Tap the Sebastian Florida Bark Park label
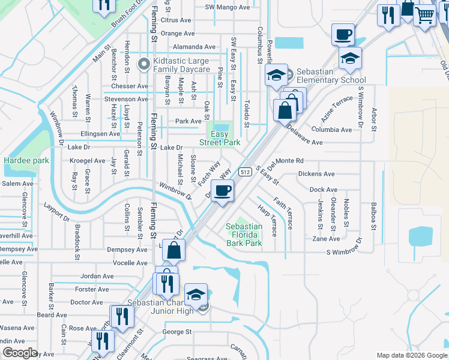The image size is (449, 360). tap(244, 235)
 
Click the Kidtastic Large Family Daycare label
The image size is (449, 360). tap(181, 65)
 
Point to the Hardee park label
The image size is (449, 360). tap(26, 160)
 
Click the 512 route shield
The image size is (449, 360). tap(244, 172)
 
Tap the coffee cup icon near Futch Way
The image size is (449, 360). tap(223, 191)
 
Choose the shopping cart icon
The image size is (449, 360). tap(425, 16)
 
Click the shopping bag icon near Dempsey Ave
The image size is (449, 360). tap(173, 251)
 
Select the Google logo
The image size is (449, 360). tap(20, 353)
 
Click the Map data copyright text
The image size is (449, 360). tap(412, 355)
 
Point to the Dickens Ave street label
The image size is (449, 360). tap(316, 175)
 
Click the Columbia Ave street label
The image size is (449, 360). tap(331, 130)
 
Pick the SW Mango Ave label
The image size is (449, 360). tap(227, 7)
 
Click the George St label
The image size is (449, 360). tap(176, 331)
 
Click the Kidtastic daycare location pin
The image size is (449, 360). tap(143, 63)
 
